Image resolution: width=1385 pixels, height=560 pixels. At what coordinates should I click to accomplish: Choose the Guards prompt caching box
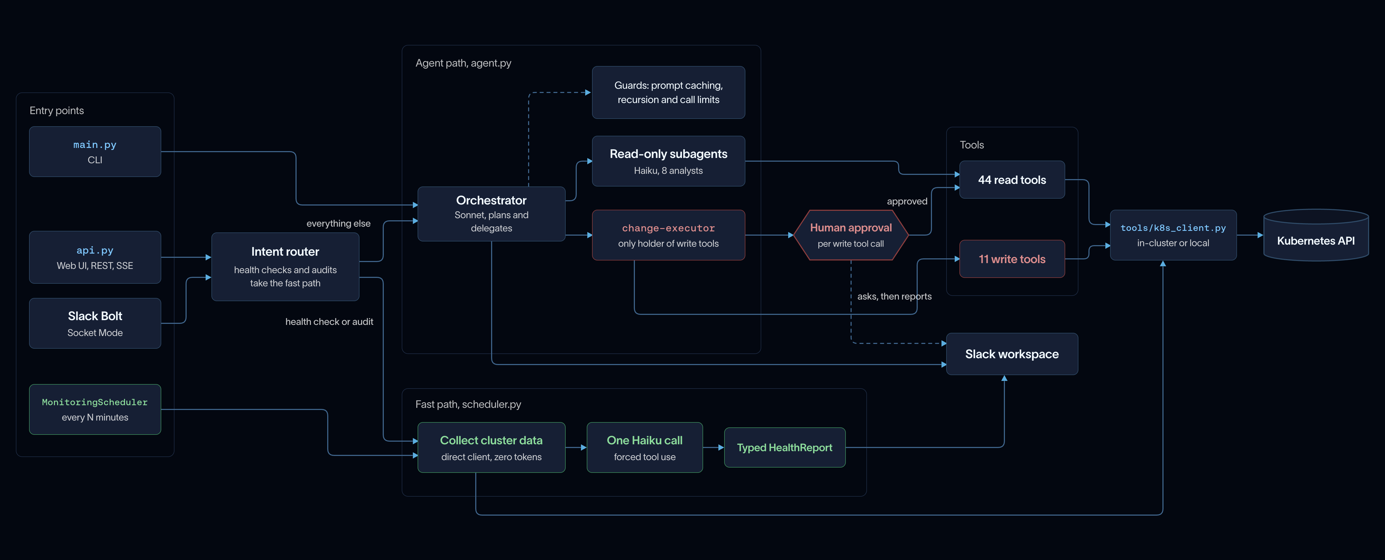[x=668, y=92]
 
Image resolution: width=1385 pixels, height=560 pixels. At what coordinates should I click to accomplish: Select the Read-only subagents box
[x=668, y=161]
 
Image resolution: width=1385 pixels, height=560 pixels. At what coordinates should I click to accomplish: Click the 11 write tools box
[x=1012, y=259]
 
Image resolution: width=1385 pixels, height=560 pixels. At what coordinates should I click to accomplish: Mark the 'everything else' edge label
[x=338, y=223]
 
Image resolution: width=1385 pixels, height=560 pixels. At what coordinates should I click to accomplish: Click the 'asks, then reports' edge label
[x=894, y=296]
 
